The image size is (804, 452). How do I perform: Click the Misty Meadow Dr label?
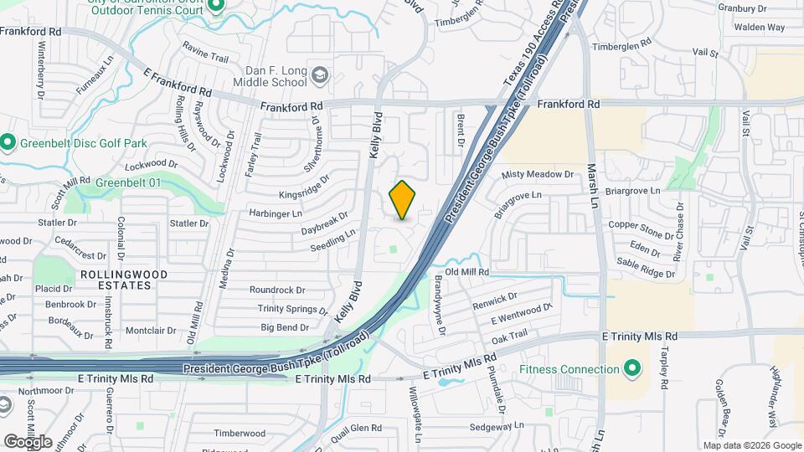[536, 175]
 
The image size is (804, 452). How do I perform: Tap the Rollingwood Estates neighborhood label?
[124, 280]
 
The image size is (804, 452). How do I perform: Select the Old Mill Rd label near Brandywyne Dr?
[466, 272]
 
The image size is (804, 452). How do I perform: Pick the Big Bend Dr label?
[285, 327]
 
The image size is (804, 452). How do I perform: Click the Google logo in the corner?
[28, 441]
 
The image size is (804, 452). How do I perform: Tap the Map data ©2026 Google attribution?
[751, 445]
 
